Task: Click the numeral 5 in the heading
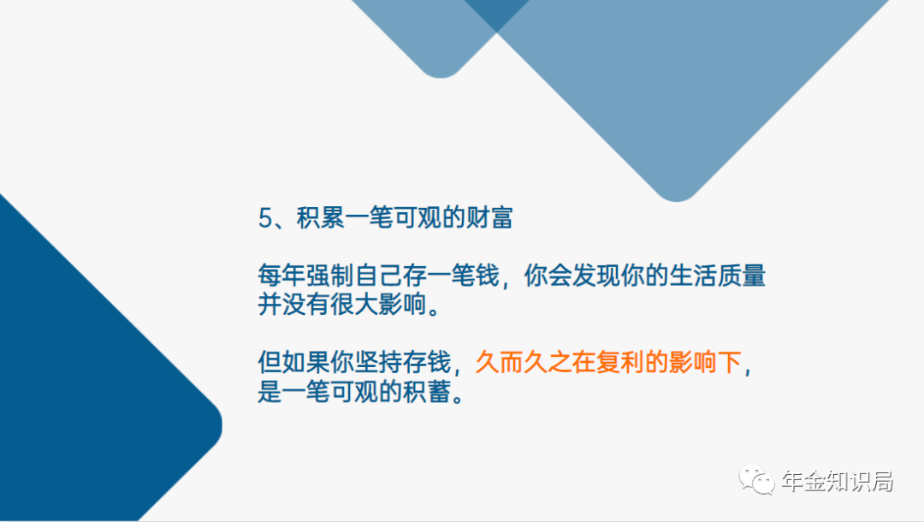[x=265, y=218]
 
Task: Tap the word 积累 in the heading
[x=320, y=217]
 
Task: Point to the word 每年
[x=281, y=276]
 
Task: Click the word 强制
[x=330, y=276]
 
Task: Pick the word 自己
[x=378, y=276]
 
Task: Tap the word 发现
[x=595, y=276]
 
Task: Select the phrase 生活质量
[x=717, y=276]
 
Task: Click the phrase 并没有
[x=294, y=305]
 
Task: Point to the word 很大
[x=354, y=305]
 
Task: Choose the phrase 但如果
[x=294, y=362]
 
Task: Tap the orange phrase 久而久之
[x=524, y=362]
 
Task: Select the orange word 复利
[x=620, y=362]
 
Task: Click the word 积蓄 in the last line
[x=427, y=391]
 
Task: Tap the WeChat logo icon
[x=756, y=479]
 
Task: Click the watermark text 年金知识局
[x=838, y=481]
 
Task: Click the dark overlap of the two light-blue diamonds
[x=497, y=13]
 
